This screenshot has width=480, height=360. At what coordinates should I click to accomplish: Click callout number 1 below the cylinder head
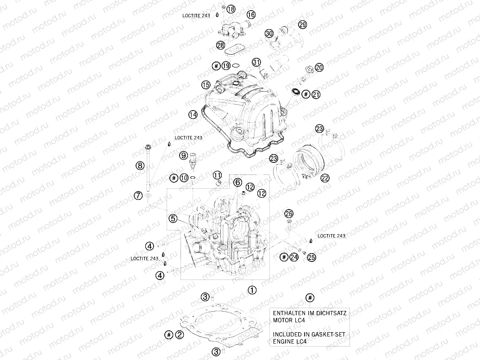252,291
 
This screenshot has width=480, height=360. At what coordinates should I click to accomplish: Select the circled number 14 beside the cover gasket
193,114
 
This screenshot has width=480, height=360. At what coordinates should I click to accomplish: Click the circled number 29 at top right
302,25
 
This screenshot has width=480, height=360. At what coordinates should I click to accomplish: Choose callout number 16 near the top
251,15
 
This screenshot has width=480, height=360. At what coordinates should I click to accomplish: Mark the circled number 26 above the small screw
289,213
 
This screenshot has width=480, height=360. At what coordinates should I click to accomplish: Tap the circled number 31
256,62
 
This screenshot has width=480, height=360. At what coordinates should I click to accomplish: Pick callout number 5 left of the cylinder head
173,218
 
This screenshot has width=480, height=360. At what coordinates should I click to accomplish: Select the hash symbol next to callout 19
216,66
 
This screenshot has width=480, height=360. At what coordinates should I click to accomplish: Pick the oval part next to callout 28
238,47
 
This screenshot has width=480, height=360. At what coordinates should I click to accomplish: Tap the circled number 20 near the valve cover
319,68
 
